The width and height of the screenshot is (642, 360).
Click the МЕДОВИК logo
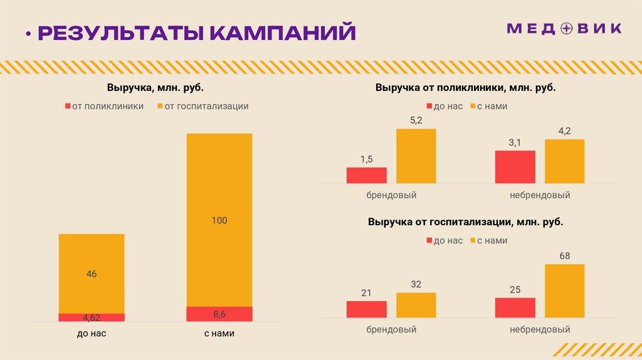coord(564,28)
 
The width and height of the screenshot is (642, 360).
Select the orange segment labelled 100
coord(219,220)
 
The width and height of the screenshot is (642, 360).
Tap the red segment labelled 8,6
coord(219,314)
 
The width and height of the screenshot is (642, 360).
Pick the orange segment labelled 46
coord(92,273)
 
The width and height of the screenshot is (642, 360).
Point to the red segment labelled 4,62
coord(92,317)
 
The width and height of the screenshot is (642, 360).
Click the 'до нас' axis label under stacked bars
coord(92,334)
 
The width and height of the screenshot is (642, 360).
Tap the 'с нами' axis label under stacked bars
coord(219,334)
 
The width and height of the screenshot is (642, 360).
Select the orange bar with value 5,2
coord(416,156)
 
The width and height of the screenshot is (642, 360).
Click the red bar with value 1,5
coord(366,175)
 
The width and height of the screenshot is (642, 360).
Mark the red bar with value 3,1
coord(515,167)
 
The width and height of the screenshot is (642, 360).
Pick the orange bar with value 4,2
coord(564,161)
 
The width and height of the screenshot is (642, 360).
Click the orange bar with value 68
coord(564,291)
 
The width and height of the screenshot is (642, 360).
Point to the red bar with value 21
coord(366,309)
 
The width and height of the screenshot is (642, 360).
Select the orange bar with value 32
coord(416,305)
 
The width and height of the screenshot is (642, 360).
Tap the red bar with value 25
coord(515,308)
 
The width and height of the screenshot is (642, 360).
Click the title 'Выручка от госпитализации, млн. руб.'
coord(465,222)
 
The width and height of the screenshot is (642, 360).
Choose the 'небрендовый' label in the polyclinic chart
coord(540,196)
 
